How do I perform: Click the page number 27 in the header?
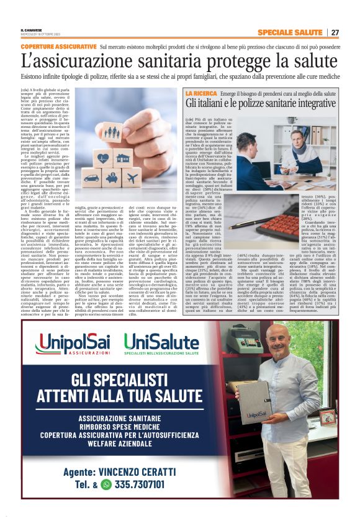tap(335, 32)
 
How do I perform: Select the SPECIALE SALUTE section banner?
tap(289, 32)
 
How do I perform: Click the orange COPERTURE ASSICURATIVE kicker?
tap(58, 47)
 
